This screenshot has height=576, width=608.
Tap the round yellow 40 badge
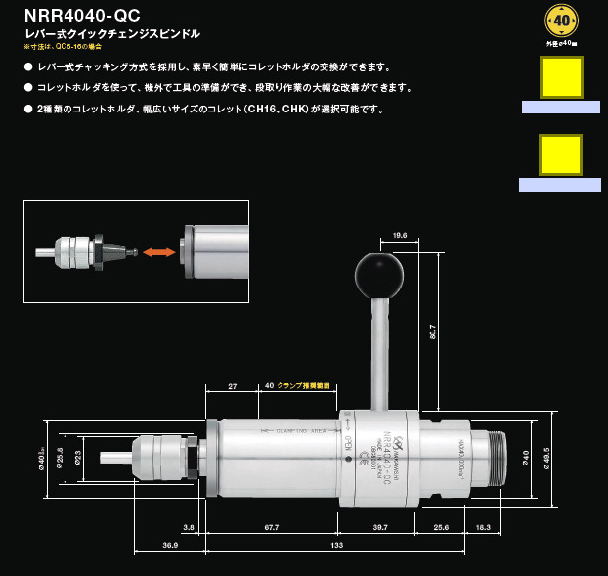pyautogui.click(x=561, y=20)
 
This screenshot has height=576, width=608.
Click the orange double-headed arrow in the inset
pyautogui.click(x=159, y=252)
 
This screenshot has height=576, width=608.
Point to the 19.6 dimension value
pyautogui.click(x=399, y=235)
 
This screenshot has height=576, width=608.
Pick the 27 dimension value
pyautogui.click(x=232, y=386)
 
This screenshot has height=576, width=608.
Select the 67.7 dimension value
pyautogui.click(x=271, y=527)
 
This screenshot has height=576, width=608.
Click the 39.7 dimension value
pyautogui.click(x=380, y=527)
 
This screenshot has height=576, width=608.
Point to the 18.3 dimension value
pyautogui.click(x=483, y=527)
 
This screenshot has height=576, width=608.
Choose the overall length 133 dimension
pyautogui.click(x=335, y=546)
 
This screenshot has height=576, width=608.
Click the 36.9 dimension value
pyautogui.click(x=169, y=546)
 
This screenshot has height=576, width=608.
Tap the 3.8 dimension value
pyautogui.click(x=189, y=527)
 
